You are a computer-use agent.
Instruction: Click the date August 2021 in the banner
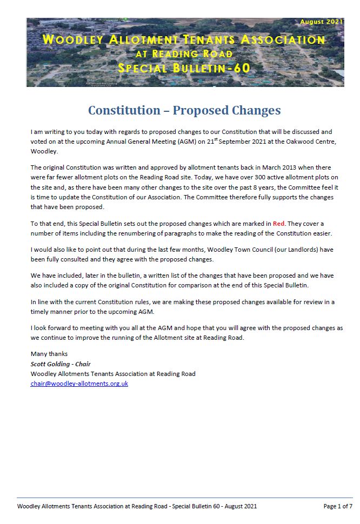coord(321,22)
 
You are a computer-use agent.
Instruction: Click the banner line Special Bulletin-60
coord(184,68)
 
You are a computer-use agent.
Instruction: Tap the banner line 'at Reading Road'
coord(184,53)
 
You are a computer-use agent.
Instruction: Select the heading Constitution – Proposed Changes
coord(184,110)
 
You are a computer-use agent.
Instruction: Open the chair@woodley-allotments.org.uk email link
coord(79,384)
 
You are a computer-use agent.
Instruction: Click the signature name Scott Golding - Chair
coord(61,364)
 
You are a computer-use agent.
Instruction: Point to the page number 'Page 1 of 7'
coord(338,506)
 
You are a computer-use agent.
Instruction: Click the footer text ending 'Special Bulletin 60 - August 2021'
coord(137,506)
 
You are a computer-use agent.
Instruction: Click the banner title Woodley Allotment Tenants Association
coord(184,39)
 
